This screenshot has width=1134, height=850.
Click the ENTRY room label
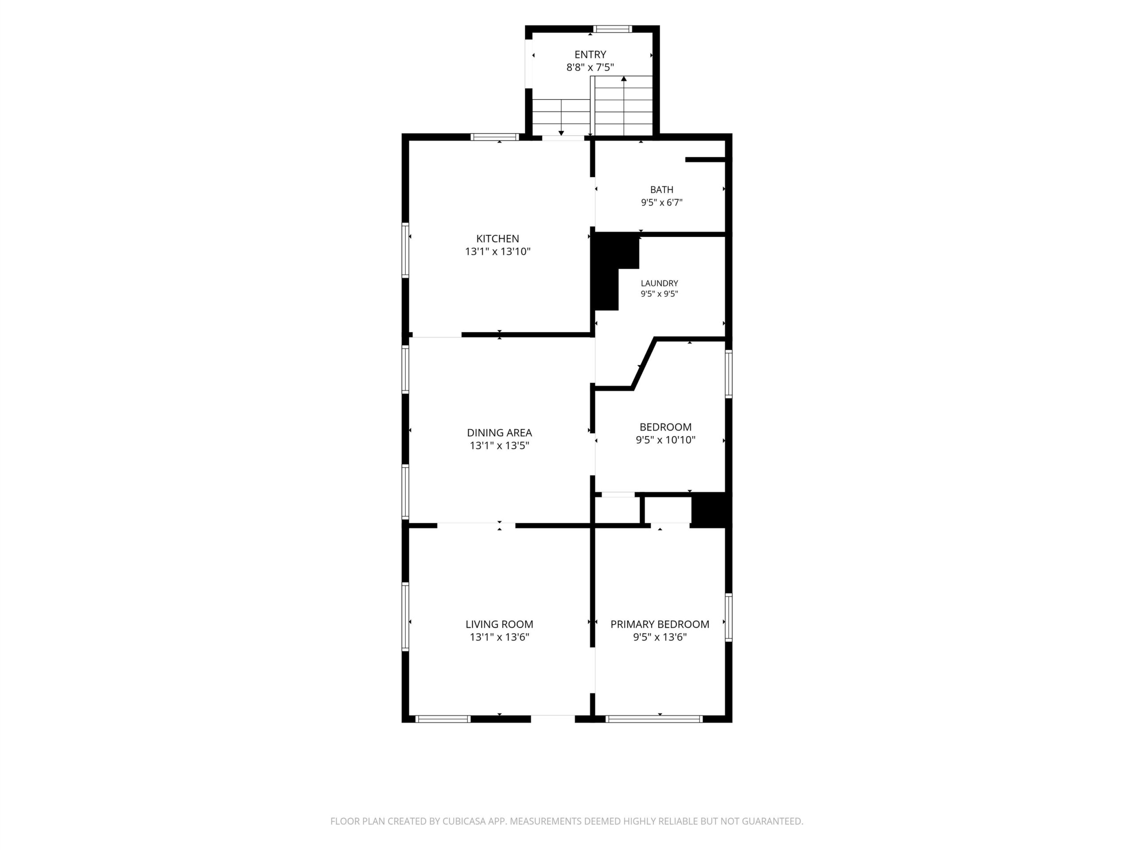coord(590,54)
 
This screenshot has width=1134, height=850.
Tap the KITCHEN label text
coord(497,238)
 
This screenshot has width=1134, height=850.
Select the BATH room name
coord(661,189)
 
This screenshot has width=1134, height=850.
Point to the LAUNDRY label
coord(659,283)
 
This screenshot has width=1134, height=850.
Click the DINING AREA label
coord(499,433)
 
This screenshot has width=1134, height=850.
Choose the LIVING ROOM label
coord(499,624)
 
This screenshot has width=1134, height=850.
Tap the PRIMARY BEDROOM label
coord(660,624)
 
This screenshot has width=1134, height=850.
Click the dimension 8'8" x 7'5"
coord(590,67)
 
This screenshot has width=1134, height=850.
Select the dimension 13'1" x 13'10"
coord(497,251)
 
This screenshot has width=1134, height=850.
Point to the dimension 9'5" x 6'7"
coord(661,202)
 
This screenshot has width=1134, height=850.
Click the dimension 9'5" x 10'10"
coord(665,440)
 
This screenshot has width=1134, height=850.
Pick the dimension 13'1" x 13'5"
coord(499,445)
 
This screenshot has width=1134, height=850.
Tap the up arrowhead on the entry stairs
coord(624,79)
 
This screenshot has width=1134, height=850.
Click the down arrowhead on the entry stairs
coord(561,133)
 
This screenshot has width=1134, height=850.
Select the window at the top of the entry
coord(613,29)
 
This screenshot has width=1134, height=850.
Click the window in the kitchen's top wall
coord(495,137)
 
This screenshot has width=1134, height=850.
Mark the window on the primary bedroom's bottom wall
coord(654,719)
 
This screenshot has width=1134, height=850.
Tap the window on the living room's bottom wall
coord(443,719)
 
